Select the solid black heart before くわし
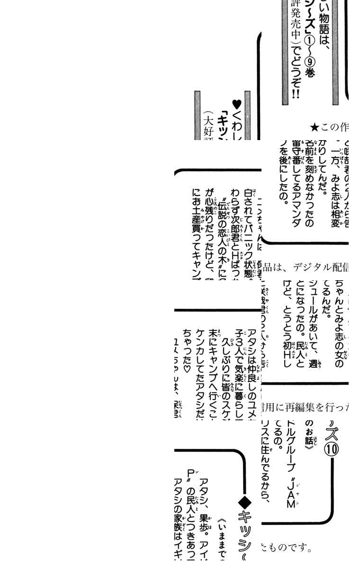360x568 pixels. pyautogui.click(x=237, y=104)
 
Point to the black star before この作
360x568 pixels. pyautogui.click(x=315, y=127)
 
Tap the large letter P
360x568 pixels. pyautogui.click(x=190, y=473)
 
